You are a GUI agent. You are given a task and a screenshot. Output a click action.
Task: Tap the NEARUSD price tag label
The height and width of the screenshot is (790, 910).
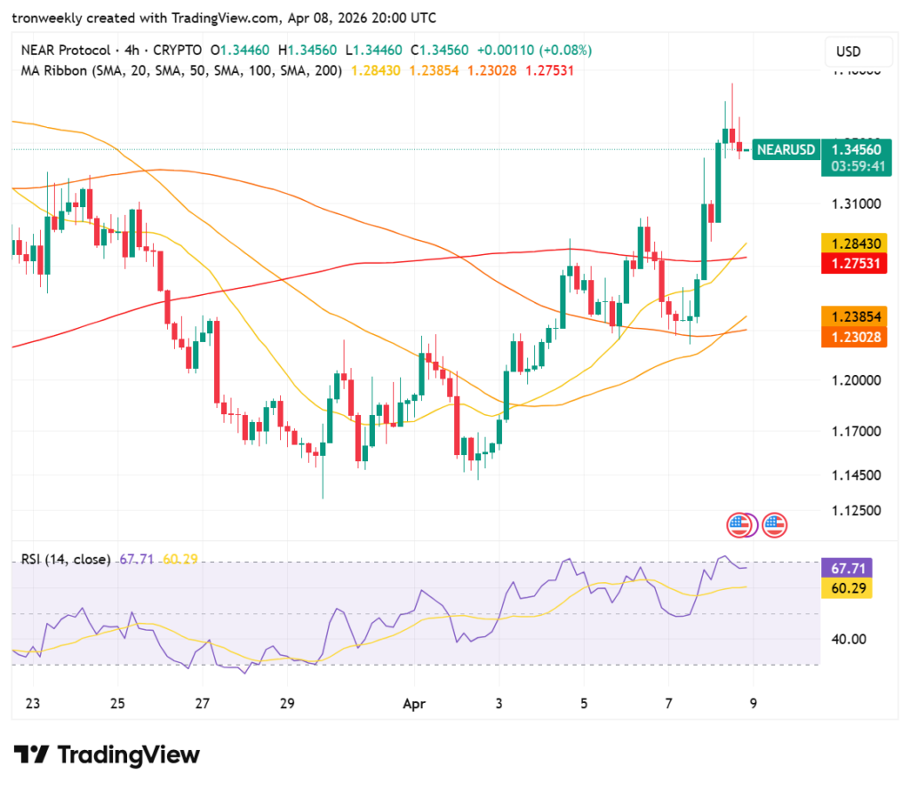[786, 149]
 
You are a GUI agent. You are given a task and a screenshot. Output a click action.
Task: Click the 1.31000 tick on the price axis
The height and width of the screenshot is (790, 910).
[857, 203]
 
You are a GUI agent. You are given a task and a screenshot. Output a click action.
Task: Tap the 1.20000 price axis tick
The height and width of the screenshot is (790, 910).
[857, 380]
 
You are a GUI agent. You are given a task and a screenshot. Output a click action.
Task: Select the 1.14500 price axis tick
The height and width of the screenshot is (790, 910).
[857, 475]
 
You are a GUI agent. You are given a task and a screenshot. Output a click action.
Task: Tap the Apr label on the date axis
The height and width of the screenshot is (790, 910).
[414, 704]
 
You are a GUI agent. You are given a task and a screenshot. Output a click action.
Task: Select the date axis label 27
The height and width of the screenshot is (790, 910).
[203, 704]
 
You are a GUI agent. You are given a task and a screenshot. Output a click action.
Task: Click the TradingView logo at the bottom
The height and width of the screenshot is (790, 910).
[107, 755]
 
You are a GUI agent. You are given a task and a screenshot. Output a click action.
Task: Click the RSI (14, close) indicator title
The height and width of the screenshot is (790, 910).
[67, 559]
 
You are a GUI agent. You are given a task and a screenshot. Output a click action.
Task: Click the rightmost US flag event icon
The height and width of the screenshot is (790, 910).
[775, 525]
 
